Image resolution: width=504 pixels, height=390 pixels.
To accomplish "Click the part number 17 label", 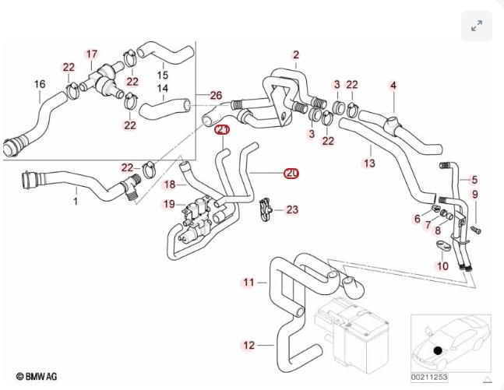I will pos(92,54).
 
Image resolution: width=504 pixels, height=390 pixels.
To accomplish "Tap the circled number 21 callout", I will pos(223,129).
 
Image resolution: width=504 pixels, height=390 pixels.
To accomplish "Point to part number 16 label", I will pos(40,84).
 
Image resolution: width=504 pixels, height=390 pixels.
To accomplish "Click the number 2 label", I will pos(296,54).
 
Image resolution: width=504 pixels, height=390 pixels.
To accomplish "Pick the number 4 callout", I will pos(393,84).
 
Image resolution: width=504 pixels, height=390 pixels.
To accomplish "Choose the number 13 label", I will pos(368,163).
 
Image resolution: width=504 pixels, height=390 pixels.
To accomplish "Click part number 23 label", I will pos(292,209).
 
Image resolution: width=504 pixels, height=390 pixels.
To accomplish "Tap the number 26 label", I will pos(216,96).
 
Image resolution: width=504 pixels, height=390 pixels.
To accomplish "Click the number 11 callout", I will pos(248,282).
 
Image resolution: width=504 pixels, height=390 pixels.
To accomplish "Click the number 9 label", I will pos(474,194).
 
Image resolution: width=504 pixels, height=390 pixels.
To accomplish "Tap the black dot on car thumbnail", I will pos(438,351).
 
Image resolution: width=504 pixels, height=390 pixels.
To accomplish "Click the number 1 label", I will pos(76,202).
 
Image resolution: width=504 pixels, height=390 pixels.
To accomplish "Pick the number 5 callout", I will pos(474,179).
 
